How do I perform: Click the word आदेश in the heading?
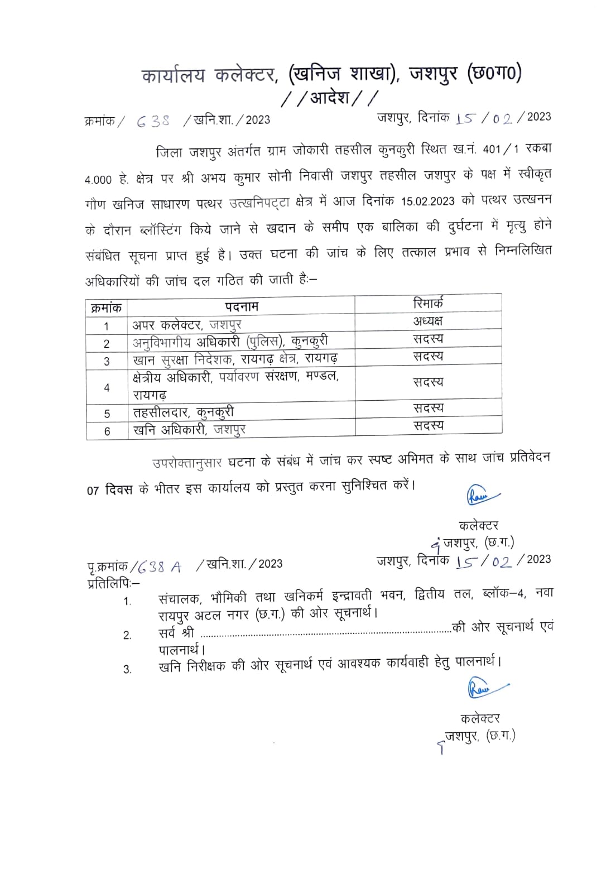point(330,99)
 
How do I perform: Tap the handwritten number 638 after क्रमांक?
point(153,121)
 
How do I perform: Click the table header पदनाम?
point(242,306)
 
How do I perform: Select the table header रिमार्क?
point(428,304)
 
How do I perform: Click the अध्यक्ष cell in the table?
point(428,321)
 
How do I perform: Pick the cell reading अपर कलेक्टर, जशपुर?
point(187,325)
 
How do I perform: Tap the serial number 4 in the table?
point(107,388)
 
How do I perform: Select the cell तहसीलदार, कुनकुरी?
point(184,412)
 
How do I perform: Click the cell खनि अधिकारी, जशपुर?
point(189,430)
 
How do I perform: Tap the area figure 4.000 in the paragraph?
point(99,180)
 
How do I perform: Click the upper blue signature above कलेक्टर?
point(482,496)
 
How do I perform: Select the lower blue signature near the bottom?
point(485,688)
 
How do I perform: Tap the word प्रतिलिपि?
point(112,584)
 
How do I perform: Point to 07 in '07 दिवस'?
point(93,491)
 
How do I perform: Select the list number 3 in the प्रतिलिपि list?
point(127,669)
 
